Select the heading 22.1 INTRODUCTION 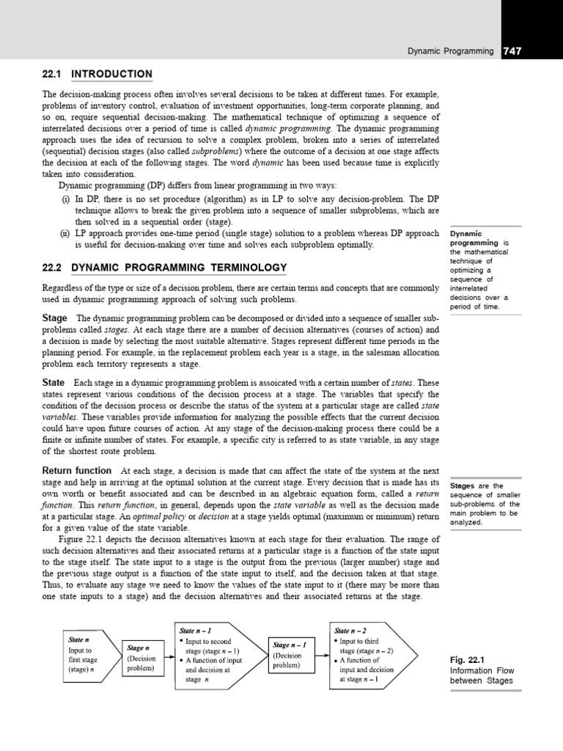97,74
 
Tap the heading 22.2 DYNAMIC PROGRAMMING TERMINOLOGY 164,268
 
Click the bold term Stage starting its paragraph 54,318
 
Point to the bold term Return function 77,470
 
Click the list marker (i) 65,199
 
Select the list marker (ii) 65,233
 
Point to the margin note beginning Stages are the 484,504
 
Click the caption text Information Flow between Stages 481,675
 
